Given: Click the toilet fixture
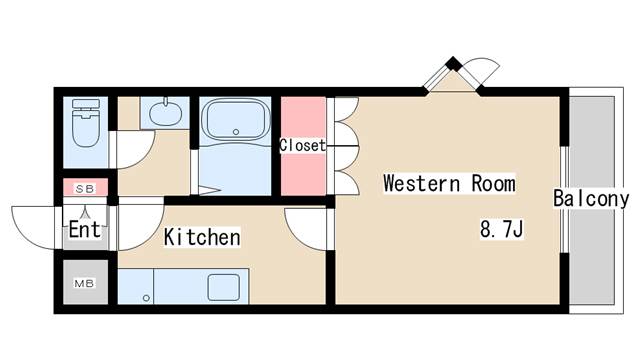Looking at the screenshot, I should [x=86, y=126].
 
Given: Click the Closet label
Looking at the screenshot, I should [x=302, y=145].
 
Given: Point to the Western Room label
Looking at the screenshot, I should [x=449, y=184].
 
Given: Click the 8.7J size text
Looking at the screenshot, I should [x=502, y=230].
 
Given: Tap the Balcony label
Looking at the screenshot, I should [x=591, y=199].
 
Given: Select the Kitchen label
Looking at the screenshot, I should [x=202, y=238].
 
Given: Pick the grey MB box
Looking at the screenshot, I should [x=84, y=283].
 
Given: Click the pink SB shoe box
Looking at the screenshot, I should [x=85, y=187].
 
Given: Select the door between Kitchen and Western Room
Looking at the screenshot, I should [x=305, y=228].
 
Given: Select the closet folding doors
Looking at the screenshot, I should [x=343, y=141].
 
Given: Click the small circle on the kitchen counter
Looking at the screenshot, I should [x=146, y=296].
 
